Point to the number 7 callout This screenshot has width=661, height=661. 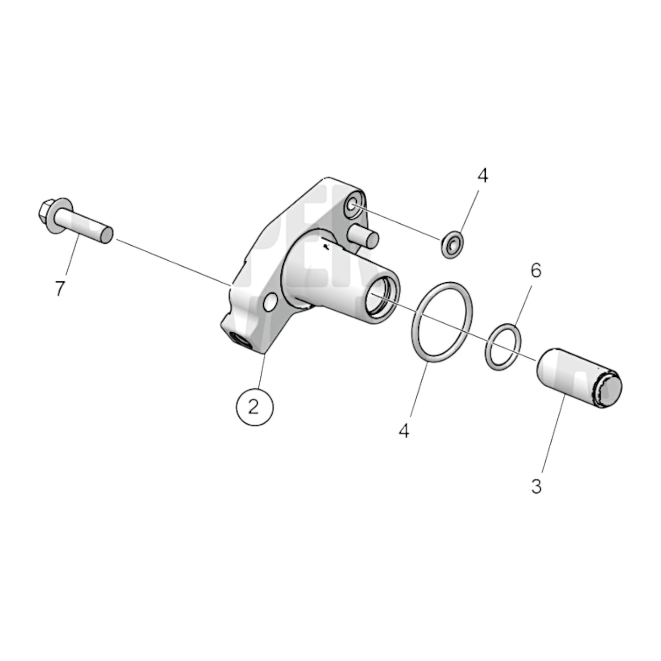pyautogui.click(x=60, y=288)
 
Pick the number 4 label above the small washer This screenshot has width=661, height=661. pyautogui.click(x=483, y=176)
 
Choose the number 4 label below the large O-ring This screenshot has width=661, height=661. pyautogui.click(x=403, y=430)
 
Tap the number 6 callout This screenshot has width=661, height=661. pyautogui.click(x=536, y=270)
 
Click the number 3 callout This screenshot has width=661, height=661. pyautogui.click(x=536, y=486)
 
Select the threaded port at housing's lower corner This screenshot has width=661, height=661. pyautogui.click(x=241, y=340)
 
